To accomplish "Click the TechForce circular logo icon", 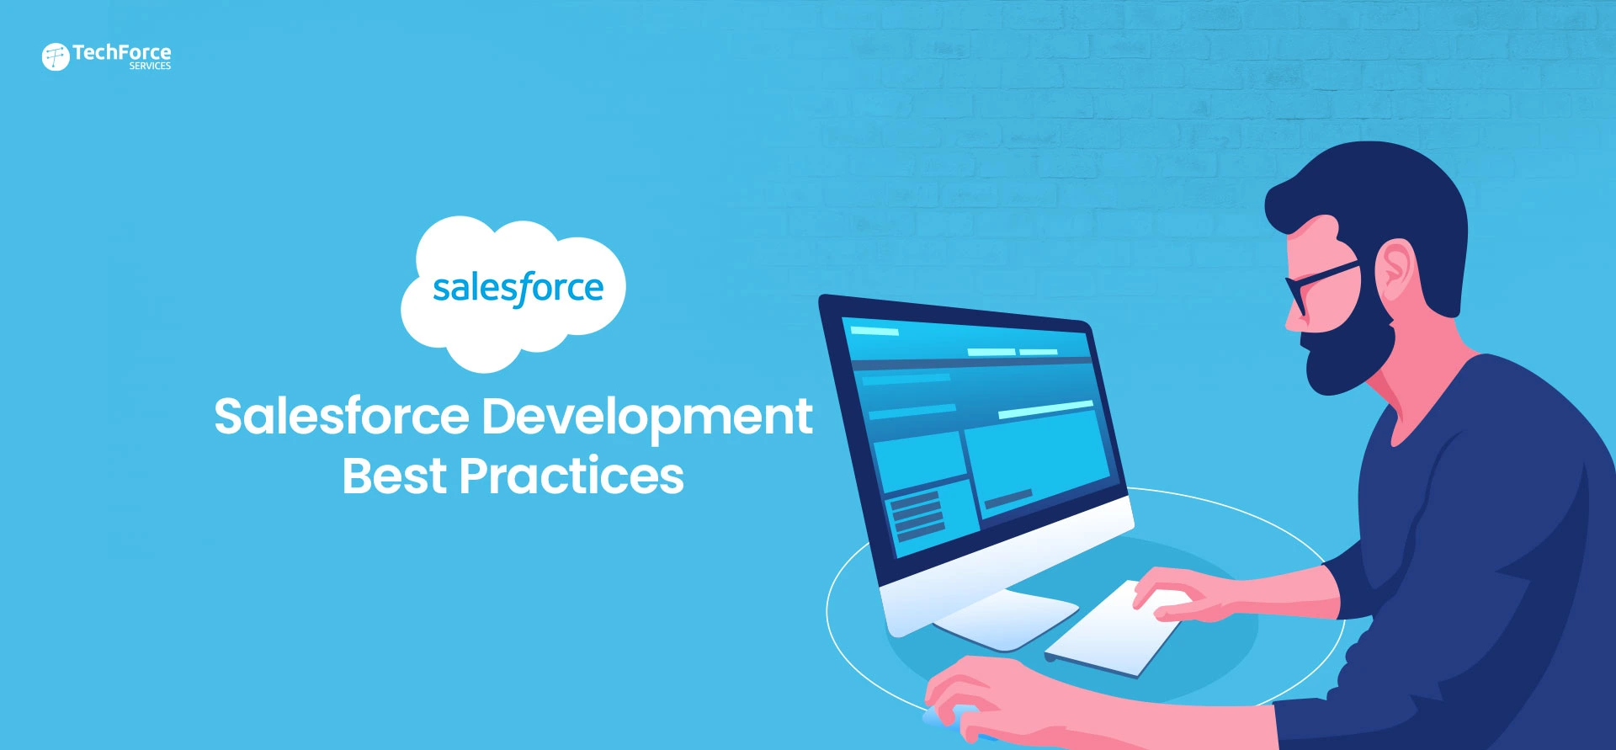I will [56, 56].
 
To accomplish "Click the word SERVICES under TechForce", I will [150, 66].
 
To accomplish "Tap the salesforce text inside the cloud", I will [518, 289].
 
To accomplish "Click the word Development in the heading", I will [646, 417].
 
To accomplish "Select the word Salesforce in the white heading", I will [341, 417].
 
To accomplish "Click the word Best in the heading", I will [394, 476].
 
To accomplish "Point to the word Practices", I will [571, 476].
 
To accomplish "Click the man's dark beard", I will [1347, 354].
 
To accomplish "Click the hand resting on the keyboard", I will [1178, 593].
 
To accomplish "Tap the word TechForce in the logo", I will [121, 52].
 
